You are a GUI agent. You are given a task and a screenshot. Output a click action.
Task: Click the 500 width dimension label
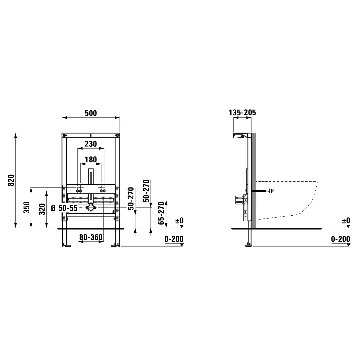click(91, 113)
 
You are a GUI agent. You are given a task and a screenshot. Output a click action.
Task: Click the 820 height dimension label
click(11, 180)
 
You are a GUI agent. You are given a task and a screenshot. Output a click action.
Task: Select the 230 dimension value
click(91, 144)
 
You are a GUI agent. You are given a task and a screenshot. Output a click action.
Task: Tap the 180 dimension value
click(91, 160)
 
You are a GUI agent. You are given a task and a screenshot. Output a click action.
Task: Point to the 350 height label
click(27, 208)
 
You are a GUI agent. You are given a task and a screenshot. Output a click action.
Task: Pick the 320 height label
click(42, 209)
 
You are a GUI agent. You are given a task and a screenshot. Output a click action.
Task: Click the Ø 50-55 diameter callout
click(64, 208)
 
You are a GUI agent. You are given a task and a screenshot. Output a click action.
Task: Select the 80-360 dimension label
click(91, 237)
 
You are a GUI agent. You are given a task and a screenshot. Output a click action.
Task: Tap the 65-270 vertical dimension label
click(161, 213)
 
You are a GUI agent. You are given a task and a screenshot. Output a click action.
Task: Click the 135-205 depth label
click(242, 113)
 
